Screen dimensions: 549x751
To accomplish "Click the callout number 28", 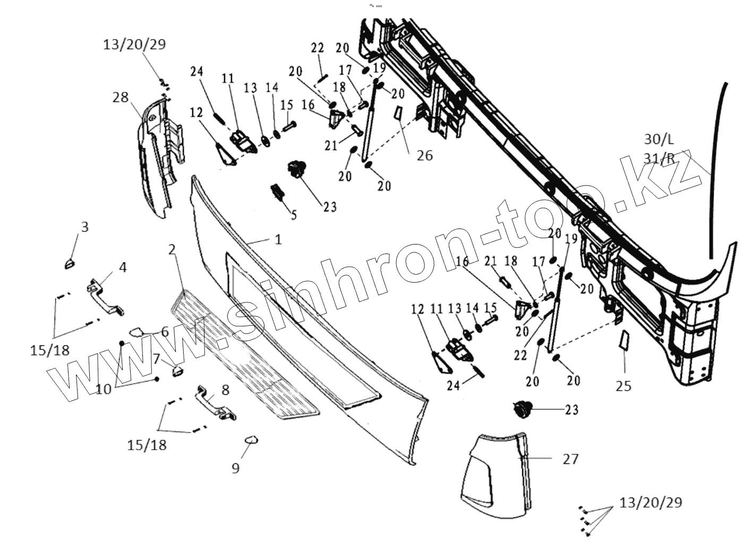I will pos(121,97).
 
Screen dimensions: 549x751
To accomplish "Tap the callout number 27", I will pos(570,459).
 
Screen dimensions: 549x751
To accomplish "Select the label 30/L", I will pos(659,140).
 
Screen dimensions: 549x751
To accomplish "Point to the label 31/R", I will pos(659,158).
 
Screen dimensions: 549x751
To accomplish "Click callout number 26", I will pos(424,155).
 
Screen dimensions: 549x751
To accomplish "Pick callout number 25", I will pos(624,386).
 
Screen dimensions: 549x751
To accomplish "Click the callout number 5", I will pos(294,215).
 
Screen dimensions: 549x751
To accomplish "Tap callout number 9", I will pos(235,468).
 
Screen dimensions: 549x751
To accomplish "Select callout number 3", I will pos(84,227).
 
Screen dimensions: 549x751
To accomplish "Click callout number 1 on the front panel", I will pos(278,240).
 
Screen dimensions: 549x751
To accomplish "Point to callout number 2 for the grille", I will pos(172,249).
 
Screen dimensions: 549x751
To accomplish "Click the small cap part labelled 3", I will pos(70,263).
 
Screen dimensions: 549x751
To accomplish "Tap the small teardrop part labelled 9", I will pos(251,440).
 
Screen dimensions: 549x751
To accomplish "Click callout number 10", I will pos(104,389).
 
